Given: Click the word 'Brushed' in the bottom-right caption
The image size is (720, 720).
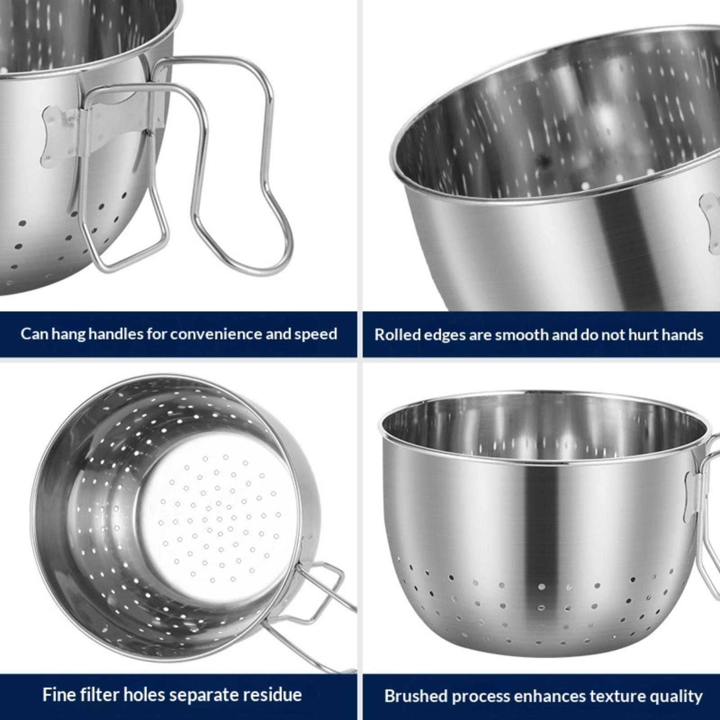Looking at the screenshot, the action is click(415, 696).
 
